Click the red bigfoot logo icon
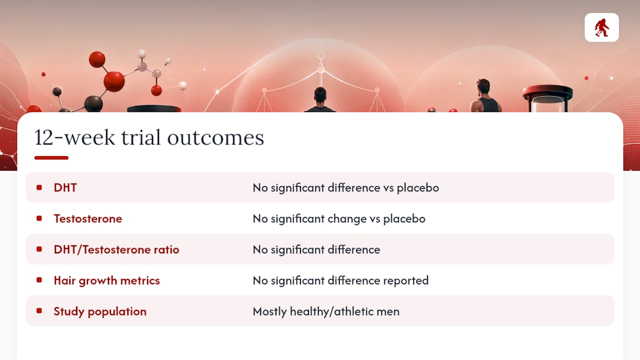[601, 27]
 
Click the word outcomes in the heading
[215, 137]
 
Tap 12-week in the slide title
[74, 137]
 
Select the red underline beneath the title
[51, 157]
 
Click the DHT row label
[65, 187]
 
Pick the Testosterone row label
[88, 218]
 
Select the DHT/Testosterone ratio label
[116, 249]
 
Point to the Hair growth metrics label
[107, 280]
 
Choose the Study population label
[100, 311]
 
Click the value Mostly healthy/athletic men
[326, 311]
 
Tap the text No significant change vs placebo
[339, 219]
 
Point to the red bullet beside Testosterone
[39, 218]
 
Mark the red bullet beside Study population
[39, 311]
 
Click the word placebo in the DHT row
[417, 188]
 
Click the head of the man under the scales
[320, 95]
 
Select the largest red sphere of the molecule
[114, 81]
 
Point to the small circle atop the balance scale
[321, 55]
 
